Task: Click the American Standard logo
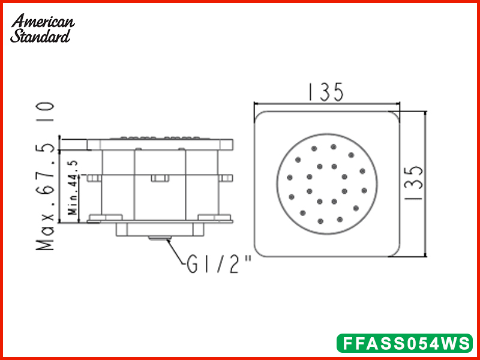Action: point(42,28)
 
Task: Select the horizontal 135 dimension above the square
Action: point(326,92)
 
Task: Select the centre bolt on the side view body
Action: point(159,178)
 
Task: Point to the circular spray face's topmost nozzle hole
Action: point(333,146)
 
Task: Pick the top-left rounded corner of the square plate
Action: point(259,116)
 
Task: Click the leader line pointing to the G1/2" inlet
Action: point(178,252)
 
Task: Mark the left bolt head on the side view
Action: point(94,178)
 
